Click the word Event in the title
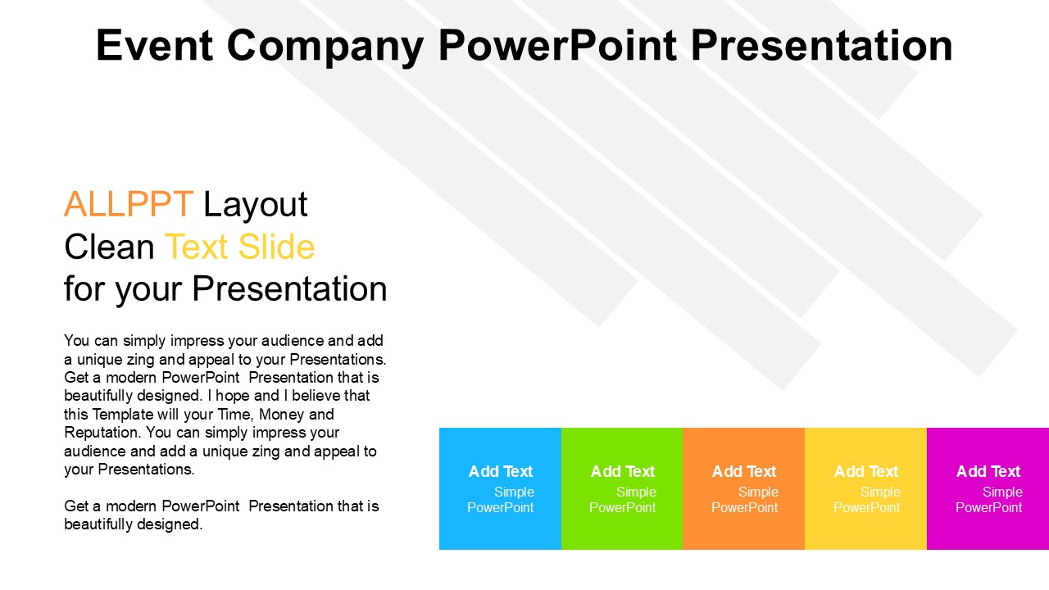[x=155, y=45]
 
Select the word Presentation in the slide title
[x=821, y=45]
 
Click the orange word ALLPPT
[x=129, y=204]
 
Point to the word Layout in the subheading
[x=255, y=206]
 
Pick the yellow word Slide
[x=276, y=247]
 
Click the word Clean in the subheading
[x=109, y=247]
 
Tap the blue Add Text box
[x=500, y=488]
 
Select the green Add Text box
[x=622, y=488]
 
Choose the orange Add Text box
[x=743, y=488]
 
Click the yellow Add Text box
[x=865, y=488]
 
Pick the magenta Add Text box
[x=988, y=488]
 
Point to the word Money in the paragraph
[x=281, y=415]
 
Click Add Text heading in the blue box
[x=501, y=471]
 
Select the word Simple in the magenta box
[x=1002, y=492]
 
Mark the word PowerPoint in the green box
[x=622, y=507]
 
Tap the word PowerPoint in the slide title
[x=557, y=45]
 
